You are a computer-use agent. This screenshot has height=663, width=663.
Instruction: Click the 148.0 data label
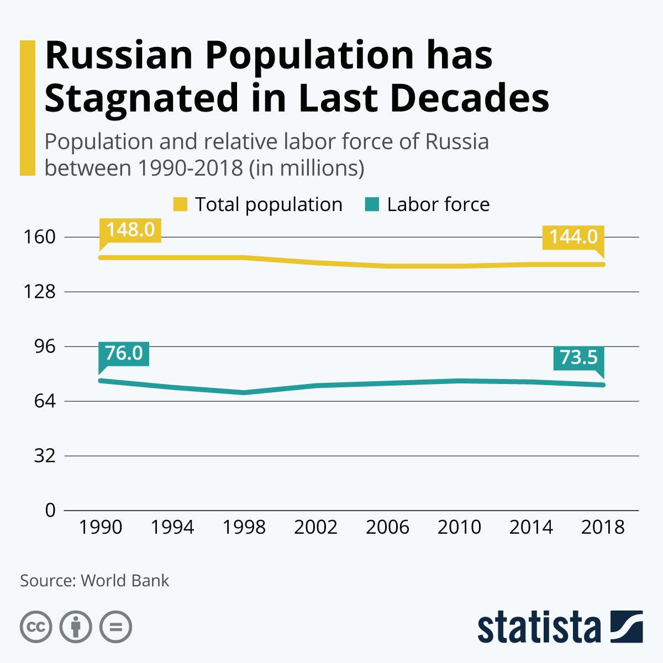(130, 229)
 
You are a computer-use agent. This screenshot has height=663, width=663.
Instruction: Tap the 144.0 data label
(573, 236)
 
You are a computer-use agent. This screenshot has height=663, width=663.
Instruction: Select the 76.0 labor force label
(124, 353)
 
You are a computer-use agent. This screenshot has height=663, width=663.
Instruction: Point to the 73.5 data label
(578, 357)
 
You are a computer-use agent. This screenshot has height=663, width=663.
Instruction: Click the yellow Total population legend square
(180, 204)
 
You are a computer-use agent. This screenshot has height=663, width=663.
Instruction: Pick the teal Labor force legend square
(372, 204)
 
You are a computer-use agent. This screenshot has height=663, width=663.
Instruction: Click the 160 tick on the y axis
(40, 237)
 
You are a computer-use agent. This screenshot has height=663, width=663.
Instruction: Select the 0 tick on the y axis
(51, 510)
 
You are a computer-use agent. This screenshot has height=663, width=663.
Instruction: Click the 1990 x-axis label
(100, 527)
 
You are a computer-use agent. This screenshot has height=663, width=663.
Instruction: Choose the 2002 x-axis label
(315, 527)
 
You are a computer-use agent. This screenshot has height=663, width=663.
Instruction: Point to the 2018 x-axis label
(603, 527)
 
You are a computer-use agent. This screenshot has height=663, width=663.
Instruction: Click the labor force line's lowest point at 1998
(244, 392)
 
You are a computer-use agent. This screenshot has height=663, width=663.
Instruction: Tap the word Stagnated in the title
(140, 98)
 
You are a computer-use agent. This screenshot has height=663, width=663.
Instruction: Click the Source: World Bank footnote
(94, 581)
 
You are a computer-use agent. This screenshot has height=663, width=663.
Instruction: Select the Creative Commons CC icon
(36, 627)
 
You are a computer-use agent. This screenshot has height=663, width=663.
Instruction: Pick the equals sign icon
(116, 627)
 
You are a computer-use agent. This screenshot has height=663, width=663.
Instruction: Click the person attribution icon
(76, 627)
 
